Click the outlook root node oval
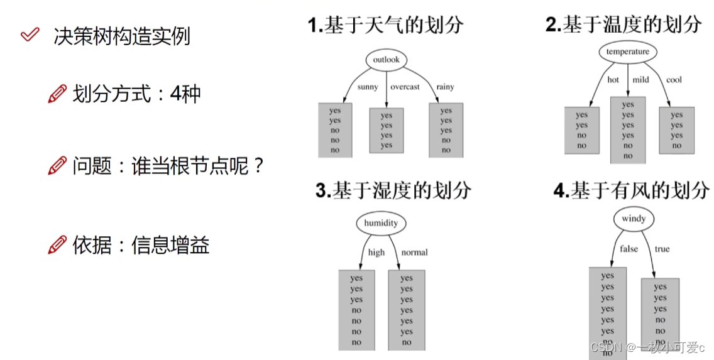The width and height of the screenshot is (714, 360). (x=386, y=60)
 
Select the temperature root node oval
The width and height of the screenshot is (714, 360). (x=628, y=52)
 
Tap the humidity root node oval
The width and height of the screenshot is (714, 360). (x=381, y=223)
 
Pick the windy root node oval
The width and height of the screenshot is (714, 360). (x=634, y=219)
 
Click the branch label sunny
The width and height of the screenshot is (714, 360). (x=368, y=87)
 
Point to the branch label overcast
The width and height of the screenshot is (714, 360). (x=405, y=87)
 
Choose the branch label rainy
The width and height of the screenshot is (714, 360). (x=445, y=87)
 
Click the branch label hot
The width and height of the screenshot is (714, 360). (x=613, y=80)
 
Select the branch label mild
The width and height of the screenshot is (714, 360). (x=640, y=80)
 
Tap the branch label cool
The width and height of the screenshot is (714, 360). (x=674, y=80)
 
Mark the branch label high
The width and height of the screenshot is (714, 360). (x=376, y=252)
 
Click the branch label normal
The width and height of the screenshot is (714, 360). (x=414, y=252)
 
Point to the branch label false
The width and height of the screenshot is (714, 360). (x=629, y=249)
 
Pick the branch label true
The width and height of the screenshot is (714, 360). (x=662, y=249)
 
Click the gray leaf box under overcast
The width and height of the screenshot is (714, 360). (x=387, y=131)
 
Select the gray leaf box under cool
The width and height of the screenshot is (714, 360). (x=676, y=130)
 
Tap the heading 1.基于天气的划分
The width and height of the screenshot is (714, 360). (x=385, y=25)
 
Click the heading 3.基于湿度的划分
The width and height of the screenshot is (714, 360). (x=393, y=190)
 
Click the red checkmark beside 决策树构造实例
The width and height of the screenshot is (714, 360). (x=30, y=34)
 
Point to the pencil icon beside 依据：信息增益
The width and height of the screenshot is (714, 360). (x=57, y=244)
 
